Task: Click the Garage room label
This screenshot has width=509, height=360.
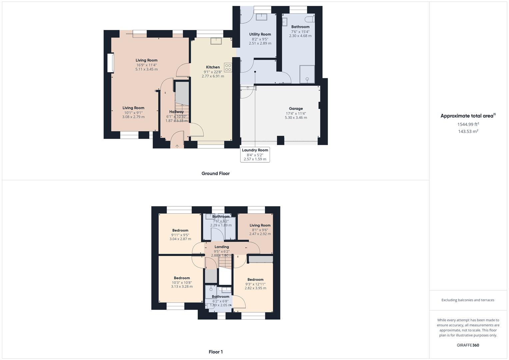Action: pyautogui.click(x=296, y=108)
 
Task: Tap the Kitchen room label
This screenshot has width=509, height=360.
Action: pyautogui.click(x=213, y=67)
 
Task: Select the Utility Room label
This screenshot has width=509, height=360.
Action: pyautogui.click(x=260, y=34)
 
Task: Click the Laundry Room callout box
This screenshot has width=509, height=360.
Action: pyautogui.click(x=255, y=155)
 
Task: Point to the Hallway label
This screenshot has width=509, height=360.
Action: pyautogui.click(x=176, y=112)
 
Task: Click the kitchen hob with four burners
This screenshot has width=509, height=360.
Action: pyautogui.click(x=228, y=68)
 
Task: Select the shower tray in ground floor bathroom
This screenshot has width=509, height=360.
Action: pyautogui.click(x=307, y=74)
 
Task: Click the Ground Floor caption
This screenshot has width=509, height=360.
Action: pyautogui.click(x=215, y=173)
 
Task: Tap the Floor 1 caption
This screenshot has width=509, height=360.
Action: pyautogui.click(x=216, y=352)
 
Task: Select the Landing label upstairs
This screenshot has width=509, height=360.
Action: pyautogui.click(x=222, y=247)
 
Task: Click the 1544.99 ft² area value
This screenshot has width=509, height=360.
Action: pyautogui.click(x=468, y=124)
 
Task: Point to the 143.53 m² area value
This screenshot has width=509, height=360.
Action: pyautogui.click(x=468, y=131)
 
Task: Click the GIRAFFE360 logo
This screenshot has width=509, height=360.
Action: pyautogui.click(x=468, y=345)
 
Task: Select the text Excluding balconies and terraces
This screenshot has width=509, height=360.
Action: pyautogui.click(x=468, y=300)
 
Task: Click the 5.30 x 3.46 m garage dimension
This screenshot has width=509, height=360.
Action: pyautogui.click(x=296, y=118)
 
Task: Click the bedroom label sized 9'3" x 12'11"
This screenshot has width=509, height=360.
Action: pyautogui.click(x=255, y=279)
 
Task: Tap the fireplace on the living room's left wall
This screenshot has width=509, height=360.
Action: pyautogui.click(x=110, y=63)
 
